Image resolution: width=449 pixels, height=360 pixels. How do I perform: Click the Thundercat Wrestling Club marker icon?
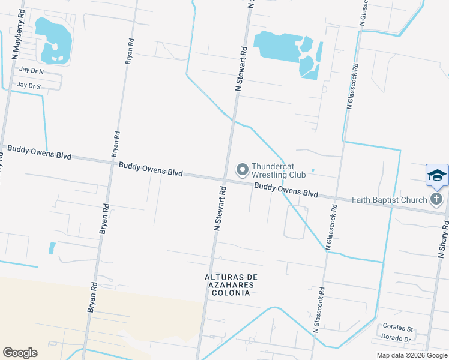coord(243,170)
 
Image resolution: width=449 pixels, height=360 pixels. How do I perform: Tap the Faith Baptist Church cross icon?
coord(436,199)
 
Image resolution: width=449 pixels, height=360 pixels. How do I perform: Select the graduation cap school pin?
coord(436,175)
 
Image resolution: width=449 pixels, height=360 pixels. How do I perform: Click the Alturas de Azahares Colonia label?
coord(231,284)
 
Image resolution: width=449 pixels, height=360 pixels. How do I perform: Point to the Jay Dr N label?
coord(31,71)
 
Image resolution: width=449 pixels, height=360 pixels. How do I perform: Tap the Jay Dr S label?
coord(29,86)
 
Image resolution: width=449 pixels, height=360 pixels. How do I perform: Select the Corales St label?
coord(398,328)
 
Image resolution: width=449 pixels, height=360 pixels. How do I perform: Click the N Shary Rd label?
coord(443,238)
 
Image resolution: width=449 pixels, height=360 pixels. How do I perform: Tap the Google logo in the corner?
coord(20,353)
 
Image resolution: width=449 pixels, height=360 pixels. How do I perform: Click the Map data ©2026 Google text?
coord(412,355)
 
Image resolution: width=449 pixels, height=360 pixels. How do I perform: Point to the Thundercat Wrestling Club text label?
coord(279,170)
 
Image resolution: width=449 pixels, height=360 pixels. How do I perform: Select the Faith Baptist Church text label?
coord(389,200)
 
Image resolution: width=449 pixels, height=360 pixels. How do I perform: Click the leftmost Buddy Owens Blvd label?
coord(39,152)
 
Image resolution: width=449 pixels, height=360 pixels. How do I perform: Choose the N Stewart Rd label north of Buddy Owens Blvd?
coord(241,69)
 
